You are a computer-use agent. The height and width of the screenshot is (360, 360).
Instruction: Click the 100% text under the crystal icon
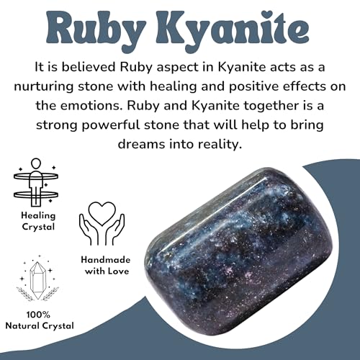pyautogui.click(x=40, y=315)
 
